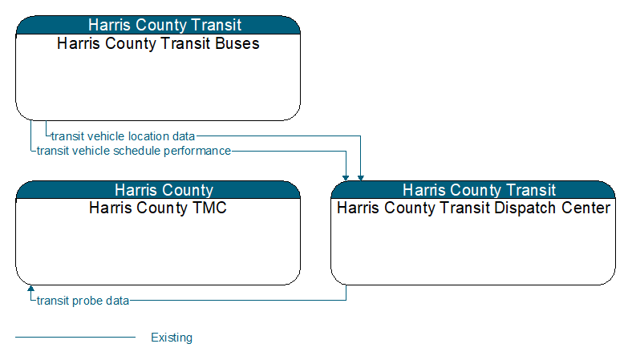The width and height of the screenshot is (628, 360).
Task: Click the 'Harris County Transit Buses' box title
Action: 158,43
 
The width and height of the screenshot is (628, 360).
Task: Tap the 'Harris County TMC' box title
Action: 158,208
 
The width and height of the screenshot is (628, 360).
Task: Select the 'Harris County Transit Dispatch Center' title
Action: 473,208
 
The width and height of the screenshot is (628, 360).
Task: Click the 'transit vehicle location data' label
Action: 123,136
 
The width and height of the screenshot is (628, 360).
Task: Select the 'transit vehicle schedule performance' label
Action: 134,151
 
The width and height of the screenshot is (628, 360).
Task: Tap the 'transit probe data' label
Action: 83,301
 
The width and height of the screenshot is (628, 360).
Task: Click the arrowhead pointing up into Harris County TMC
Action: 30,288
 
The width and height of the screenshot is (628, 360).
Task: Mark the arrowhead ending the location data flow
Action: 360,178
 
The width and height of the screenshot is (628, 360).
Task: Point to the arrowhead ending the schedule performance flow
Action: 346,178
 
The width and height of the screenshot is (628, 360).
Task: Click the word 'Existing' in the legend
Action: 172,338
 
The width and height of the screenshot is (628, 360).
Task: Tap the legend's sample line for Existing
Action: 75,338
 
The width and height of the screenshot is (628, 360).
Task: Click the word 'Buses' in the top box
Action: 237,43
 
